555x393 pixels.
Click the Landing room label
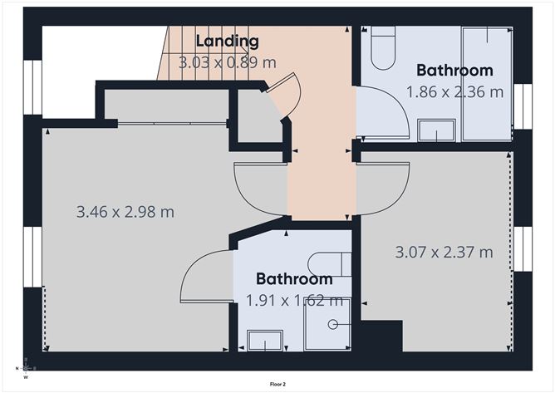[228, 41]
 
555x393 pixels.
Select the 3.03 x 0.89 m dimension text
[228, 62]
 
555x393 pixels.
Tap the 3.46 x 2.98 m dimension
[125, 212]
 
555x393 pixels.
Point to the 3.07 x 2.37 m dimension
[444, 253]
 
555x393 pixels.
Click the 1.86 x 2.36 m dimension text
[454, 92]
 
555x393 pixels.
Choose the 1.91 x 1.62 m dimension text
[294, 301]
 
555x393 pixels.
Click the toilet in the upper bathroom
[383, 48]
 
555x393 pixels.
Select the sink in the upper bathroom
[436, 130]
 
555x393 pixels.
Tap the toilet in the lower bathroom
[330, 264]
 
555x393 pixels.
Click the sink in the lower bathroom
[266, 341]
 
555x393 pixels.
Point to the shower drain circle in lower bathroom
[332, 324]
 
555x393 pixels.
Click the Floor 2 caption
[277, 384]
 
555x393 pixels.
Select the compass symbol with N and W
[26, 369]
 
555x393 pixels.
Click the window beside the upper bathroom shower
[523, 106]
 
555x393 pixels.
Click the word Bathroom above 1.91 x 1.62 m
[294, 279]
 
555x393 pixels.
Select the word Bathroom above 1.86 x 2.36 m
[454, 70]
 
